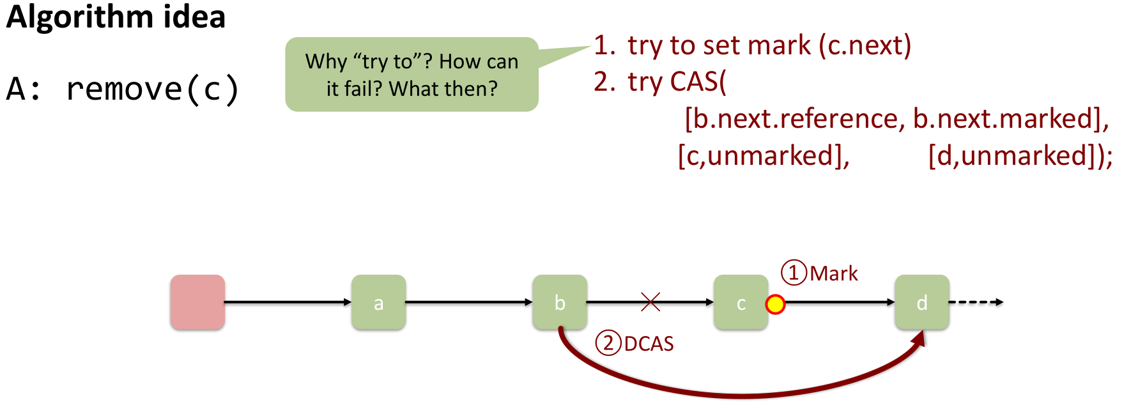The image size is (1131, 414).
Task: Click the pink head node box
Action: (197, 302)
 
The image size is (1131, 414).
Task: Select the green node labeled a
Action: (378, 302)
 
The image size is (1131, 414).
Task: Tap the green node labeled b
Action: (560, 302)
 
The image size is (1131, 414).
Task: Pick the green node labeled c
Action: (741, 302)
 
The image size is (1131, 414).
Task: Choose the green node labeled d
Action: (921, 302)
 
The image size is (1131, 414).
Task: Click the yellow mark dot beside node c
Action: (775, 305)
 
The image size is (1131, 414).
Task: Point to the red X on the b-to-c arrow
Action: (650, 302)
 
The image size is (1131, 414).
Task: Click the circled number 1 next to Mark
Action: (794, 273)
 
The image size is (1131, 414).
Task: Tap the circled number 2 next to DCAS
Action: (608, 343)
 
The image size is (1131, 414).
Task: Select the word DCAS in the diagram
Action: (649, 344)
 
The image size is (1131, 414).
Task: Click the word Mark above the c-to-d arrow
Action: (834, 273)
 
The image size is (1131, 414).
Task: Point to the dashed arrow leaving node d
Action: (976, 302)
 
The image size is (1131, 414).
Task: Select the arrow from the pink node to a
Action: (288, 302)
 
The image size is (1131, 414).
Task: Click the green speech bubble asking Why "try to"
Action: (412, 75)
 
